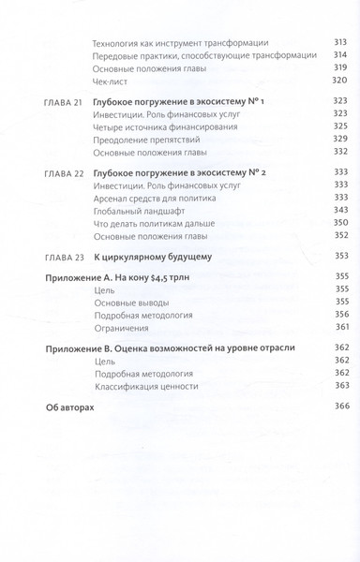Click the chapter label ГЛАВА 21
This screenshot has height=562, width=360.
coord(65,100)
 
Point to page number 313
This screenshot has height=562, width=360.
coord(339,43)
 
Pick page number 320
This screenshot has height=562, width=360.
coord(339,81)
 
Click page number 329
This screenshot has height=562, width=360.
coord(339,139)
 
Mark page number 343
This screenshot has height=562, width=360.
coord(339,212)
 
